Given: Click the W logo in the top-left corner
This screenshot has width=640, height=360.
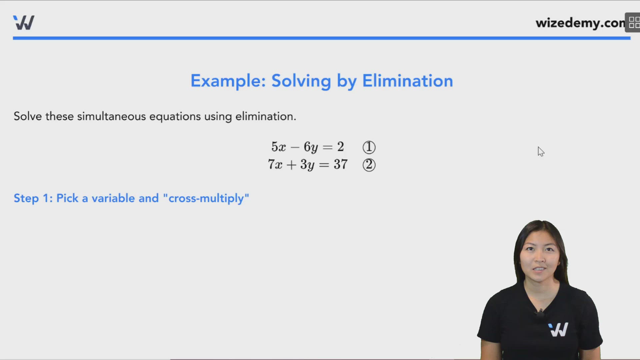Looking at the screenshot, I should coord(24,23).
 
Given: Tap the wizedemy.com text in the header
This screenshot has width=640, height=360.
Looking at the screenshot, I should coord(580,23).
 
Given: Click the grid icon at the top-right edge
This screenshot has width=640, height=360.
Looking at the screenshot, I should coord(634,23).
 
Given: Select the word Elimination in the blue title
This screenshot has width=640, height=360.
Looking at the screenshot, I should coord(407,81).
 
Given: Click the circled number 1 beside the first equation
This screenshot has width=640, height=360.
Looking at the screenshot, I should coord(369,147).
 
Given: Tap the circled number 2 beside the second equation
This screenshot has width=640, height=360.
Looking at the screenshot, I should coord(369,165).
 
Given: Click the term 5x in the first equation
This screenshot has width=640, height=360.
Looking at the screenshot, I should coord(278,147).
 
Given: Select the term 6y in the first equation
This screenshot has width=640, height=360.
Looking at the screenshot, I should coord(310,147).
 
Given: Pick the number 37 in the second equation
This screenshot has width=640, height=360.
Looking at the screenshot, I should coord(341,164).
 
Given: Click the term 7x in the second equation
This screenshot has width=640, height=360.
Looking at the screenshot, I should coord(275,164).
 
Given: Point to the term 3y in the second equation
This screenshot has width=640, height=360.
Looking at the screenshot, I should coord(307,165).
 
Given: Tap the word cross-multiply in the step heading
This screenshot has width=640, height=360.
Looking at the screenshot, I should coord(206,198).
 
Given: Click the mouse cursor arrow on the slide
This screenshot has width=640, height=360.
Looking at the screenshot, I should coord(540,151).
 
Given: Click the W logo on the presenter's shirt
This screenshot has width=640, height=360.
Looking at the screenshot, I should coord(558,329).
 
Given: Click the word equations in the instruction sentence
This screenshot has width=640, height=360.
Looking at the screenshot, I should coord(175,116).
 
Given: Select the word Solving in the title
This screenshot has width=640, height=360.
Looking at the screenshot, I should coord(301,81).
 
